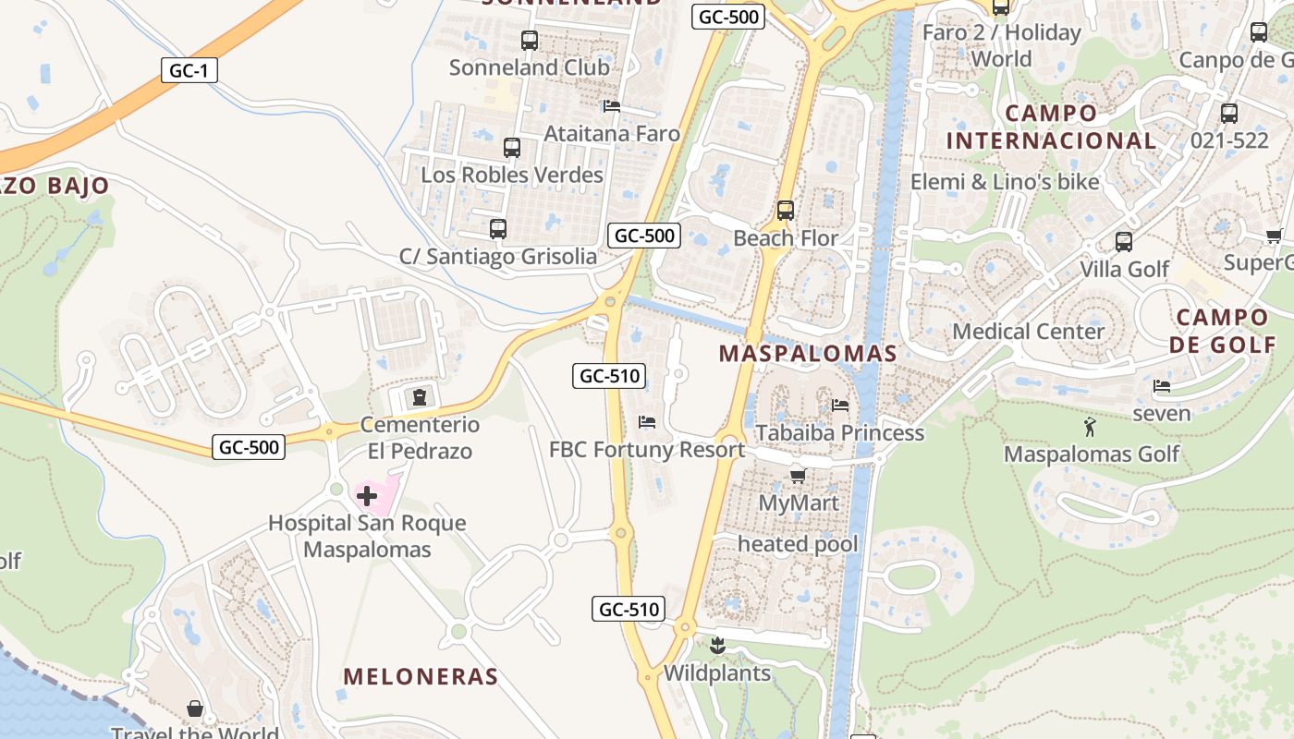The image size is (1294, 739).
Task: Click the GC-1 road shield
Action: pos(189,70)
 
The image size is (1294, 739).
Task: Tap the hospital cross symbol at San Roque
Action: pos(367,496)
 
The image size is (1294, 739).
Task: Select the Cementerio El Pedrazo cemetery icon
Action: pos(420,397)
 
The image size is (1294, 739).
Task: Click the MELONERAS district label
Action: pos(421,676)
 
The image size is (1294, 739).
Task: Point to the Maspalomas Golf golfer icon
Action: pos(1090,427)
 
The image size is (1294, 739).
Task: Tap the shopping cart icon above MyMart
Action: pos(798,476)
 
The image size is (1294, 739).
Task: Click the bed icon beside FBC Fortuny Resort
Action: pos(647,422)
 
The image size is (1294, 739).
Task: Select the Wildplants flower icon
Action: pos(716,645)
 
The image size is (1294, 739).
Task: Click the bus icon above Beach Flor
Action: pos(786,211)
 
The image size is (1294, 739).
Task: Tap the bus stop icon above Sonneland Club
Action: pos(529,41)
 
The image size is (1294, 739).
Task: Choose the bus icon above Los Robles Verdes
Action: pos(511,148)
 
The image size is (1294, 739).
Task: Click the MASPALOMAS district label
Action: pos(808,353)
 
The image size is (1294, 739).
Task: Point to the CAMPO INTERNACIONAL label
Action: pos(1051,127)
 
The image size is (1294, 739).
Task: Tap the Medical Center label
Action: pos(1028,331)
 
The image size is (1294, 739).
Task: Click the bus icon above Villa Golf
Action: pos(1124,242)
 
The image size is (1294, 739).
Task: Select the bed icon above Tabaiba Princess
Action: pos(840,405)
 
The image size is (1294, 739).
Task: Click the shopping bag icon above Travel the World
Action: pos(195,709)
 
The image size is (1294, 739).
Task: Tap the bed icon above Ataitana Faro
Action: pos(611,106)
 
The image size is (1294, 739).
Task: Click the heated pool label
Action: pos(798,543)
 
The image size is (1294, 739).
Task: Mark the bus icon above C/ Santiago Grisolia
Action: pos(498,228)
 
